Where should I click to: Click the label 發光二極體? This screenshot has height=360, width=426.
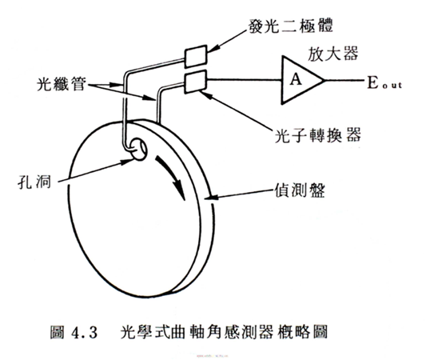(291, 26)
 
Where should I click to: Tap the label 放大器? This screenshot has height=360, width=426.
(332, 54)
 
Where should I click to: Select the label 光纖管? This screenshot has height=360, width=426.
(62, 84)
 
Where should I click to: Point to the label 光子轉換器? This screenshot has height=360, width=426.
(317, 135)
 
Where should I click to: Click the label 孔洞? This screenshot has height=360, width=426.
(34, 181)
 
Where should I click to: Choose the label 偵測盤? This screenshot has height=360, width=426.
(300, 190)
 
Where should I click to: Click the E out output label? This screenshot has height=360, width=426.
(384, 82)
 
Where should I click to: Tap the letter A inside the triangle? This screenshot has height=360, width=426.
(296, 79)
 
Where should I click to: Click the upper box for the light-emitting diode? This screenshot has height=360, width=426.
(196, 56)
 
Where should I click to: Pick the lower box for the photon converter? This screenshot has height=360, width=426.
(196, 82)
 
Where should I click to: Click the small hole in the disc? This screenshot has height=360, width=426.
(139, 149)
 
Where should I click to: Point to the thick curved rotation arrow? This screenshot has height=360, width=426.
(171, 176)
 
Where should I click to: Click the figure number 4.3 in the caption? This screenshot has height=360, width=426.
(85, 332)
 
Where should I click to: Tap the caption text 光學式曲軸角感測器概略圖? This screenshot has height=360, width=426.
(224, 331)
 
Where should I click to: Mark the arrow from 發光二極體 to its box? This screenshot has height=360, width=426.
(228, 41)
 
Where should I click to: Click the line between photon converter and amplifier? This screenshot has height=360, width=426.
(245, 80)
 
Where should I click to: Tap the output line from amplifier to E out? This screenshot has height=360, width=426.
(344, 80)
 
